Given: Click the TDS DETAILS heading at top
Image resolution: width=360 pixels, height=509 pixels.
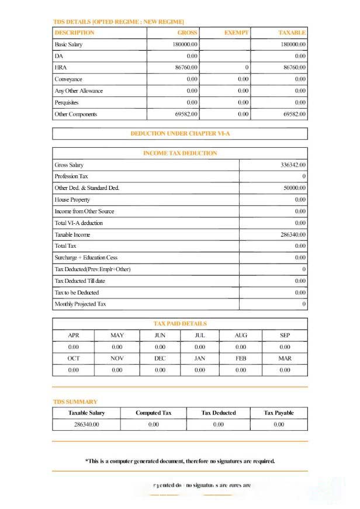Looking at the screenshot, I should (119, 22).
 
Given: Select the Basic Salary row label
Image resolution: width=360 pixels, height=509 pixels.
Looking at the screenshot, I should (68, 44).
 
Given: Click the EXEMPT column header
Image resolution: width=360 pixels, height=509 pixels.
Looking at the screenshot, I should (237, 33).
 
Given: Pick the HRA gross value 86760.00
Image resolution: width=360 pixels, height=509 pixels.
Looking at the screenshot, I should (186, 68).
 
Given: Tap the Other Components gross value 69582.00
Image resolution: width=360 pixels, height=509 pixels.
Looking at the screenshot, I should (186, 115).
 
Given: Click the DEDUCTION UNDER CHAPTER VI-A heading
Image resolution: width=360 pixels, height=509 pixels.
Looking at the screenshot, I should (180, 134).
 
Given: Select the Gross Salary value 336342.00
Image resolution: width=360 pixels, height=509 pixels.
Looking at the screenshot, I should (293, 165).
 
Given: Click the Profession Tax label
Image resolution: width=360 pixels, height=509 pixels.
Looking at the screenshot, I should (71, 176).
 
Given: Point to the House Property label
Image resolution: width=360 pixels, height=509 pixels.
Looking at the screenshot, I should (72, 200).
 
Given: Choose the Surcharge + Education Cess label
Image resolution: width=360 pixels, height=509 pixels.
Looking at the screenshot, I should (85, 258).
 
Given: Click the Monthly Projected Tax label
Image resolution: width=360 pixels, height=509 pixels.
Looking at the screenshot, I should (81, 304).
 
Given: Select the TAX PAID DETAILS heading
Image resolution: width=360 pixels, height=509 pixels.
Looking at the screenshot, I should (180, 323).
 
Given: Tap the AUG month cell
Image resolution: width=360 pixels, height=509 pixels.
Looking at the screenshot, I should (241, 335).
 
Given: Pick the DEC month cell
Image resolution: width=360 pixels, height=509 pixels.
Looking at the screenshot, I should (160, 358).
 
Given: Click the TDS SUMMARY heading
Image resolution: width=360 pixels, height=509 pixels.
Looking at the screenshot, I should (75, 401).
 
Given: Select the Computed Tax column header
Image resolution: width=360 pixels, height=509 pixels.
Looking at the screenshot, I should (154, 413).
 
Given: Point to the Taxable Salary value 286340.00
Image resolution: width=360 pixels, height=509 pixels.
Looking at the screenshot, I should (86, 424).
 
